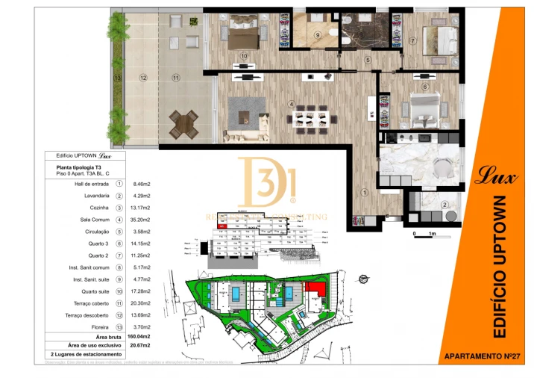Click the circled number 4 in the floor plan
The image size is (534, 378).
[292, 104]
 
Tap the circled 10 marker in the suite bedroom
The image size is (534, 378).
[244, 55]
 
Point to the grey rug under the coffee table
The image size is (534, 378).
[245, 113]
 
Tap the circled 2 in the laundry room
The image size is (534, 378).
[445, 205]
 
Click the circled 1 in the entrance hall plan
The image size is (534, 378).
[365, 192]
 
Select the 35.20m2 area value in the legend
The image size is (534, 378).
[142, 220]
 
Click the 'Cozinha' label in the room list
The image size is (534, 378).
[98, 207]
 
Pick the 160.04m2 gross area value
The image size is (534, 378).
[141, 337]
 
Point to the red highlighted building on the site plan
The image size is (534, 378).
[316, 290]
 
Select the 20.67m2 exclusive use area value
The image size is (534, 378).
[141, 345]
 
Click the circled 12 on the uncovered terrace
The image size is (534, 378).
[142, 77]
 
